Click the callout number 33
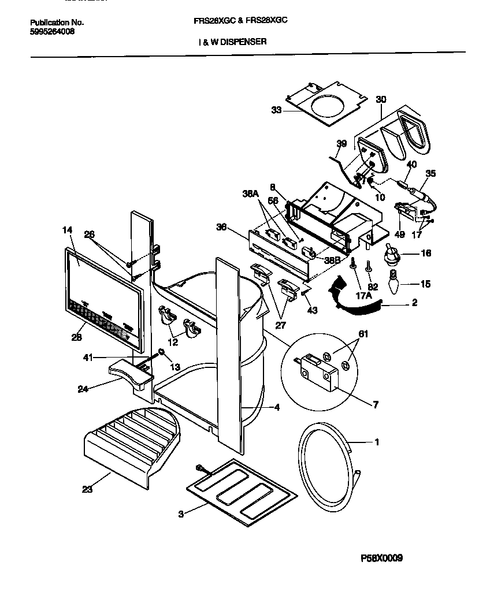[277, 110]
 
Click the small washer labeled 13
[162, 352]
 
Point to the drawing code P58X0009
[381, 558]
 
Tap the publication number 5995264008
[51, 31]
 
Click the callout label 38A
[250, 195]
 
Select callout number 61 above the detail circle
[363, 334]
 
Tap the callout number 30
[380, 99]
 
